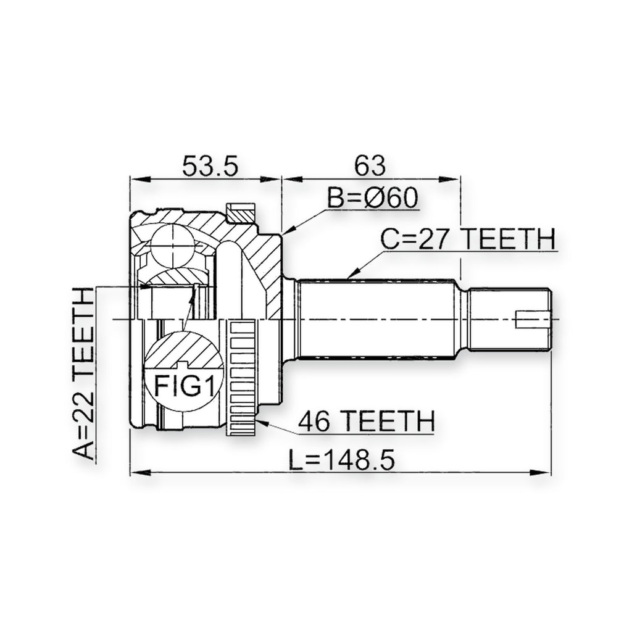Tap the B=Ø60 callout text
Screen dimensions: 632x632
click(372, 198)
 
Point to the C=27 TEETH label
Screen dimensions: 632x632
click(468, 239)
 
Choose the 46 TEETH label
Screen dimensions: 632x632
click(366, 421)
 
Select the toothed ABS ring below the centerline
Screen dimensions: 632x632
click(241, 377)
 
